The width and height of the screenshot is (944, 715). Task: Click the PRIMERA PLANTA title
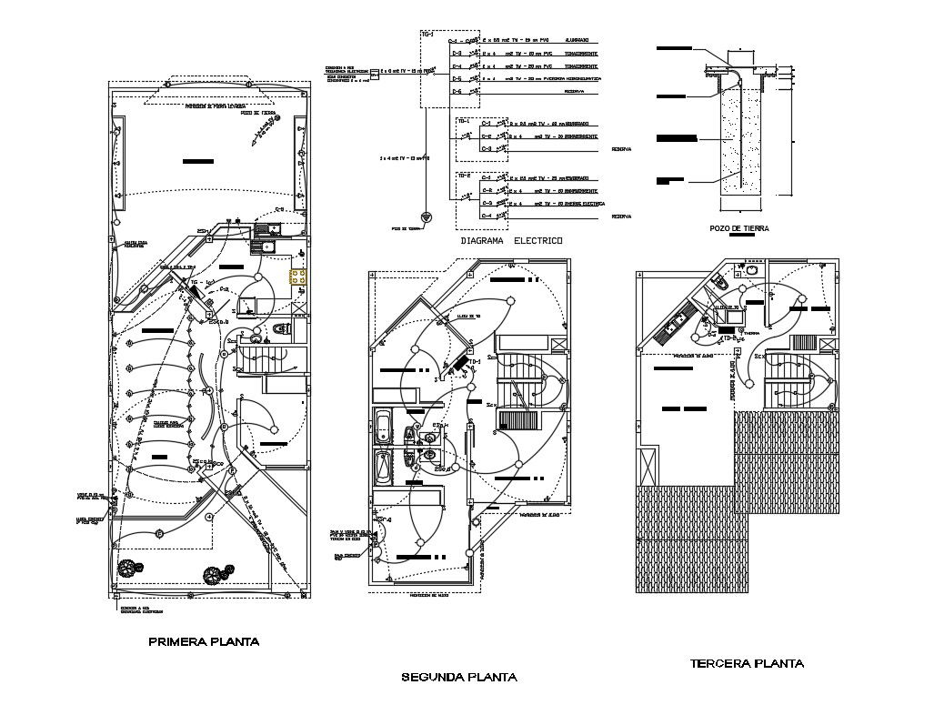[203, 641]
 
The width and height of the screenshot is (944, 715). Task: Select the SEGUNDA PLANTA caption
[459, 677]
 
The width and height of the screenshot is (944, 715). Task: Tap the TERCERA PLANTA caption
[746, 663]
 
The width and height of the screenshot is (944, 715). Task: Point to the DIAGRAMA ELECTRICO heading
[511, 241]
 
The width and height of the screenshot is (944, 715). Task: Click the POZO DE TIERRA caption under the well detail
[738, 228]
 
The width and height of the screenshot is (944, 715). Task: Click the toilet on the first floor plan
[280, 327]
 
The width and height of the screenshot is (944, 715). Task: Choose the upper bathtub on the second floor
[384, 427]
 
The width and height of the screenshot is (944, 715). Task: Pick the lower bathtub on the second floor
[384, 468]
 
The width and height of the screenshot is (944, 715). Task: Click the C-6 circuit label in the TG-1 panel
[458, 92]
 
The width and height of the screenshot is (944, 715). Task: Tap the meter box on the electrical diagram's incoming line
[374, 70]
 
